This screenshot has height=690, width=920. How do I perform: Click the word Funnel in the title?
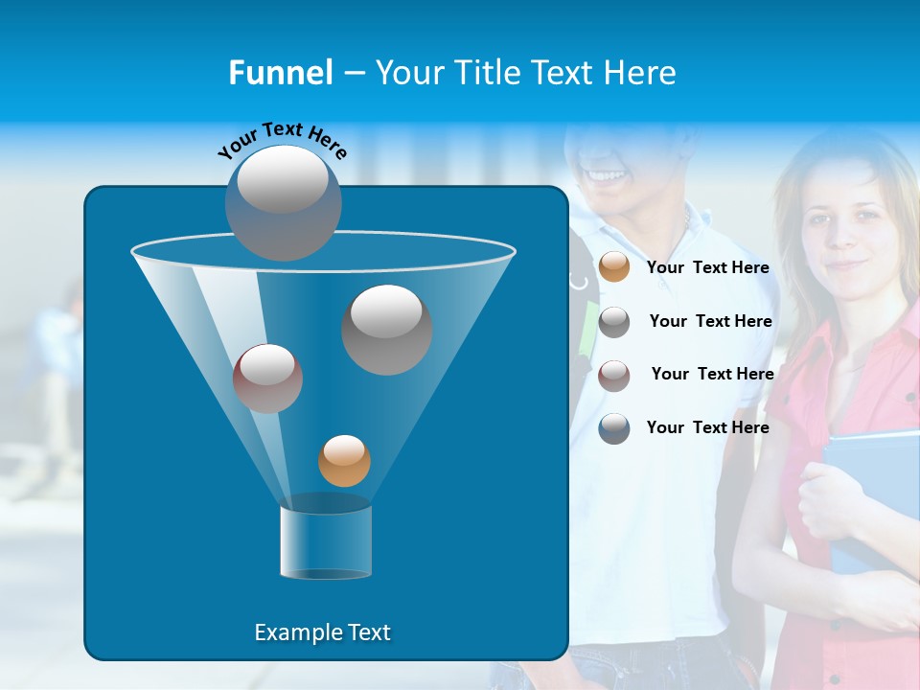(280, 73)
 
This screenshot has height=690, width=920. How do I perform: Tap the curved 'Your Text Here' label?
(282, 138)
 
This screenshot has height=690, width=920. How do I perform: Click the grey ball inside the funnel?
(386, 329)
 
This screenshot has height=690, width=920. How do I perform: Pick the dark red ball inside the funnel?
(267, 378)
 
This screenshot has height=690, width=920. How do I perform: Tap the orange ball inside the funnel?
(344, 460)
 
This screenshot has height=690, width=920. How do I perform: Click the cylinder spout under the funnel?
(325, 542)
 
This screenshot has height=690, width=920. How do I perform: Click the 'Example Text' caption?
(322, 632)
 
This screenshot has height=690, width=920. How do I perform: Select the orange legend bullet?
(614, 267)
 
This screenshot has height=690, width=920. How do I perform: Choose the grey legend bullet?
(614, 321)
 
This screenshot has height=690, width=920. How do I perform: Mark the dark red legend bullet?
(614, 375)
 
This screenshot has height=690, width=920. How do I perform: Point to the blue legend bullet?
(614, 428)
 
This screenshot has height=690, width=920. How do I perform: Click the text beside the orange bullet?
(707, 268)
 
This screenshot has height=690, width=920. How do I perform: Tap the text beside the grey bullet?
(710, 322)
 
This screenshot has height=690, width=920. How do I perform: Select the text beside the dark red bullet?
(712, 375)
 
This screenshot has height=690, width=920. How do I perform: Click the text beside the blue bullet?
(707, 428)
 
